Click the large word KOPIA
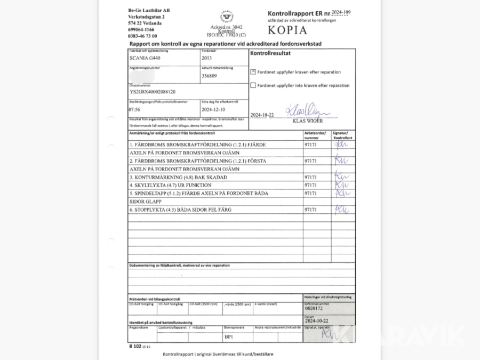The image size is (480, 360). click(x=287, y=30)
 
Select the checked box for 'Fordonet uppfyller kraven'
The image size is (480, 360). click(x=253, y=72)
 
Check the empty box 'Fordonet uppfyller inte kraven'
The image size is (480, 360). click(x=253, y=85)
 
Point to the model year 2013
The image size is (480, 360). click(x=206, y=59)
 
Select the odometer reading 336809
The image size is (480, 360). click(x=209, y=76)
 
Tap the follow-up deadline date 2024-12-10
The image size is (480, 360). click(x=213, y=109)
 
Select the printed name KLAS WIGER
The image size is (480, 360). click(x=308, y=121)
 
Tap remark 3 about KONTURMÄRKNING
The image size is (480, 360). click(x=178, y=177)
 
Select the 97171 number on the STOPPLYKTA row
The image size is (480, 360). click(x=310, y=210)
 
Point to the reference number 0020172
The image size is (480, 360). click(x=314, y=309)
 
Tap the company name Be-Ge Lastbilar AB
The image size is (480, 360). click(x=149, y=11)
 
